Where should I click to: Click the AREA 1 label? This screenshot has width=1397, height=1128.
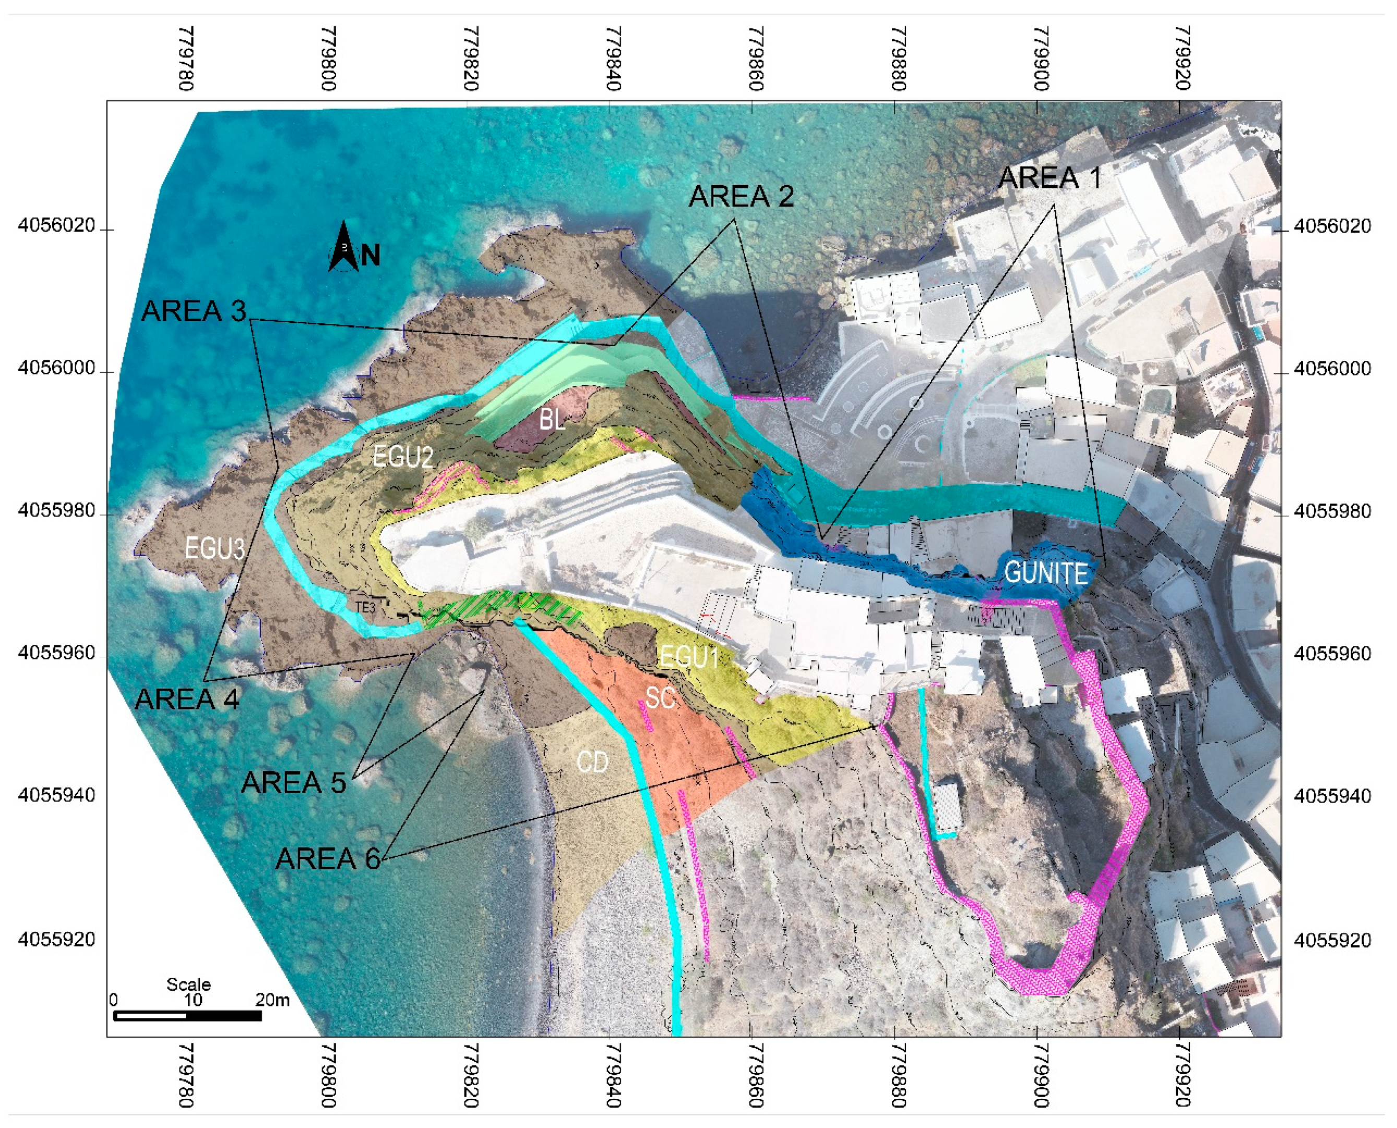click(x=1049, y=178)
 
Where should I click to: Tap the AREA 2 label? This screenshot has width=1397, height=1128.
click(x=741, y=196)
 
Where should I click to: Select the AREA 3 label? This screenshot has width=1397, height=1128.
click(x=194, y=311)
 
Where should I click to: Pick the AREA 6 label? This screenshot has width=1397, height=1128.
click(x=328, y=859)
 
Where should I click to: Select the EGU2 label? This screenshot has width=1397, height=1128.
click(x=403, y=458)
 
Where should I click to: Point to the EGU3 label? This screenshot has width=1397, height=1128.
click(x=214, y=549)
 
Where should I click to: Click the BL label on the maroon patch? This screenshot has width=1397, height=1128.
click(x=552, y=421)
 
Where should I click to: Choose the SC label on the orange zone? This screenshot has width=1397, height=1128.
click(x=660, y=698)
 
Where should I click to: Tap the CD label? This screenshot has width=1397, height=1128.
click(x=592, y=762)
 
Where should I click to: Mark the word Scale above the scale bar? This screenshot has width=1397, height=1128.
click(x=188, y=985)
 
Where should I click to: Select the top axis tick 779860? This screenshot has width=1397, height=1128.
click(x=756, y=58)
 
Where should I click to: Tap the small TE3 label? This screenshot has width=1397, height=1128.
click(x=365, y=607)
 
